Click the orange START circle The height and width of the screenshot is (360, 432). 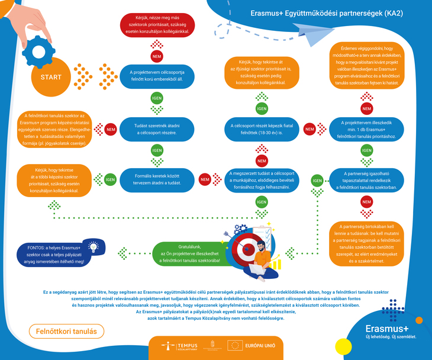[51, 78]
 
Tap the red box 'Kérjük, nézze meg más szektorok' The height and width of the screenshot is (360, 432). [157, 24]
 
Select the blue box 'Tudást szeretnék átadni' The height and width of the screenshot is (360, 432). [157, 128]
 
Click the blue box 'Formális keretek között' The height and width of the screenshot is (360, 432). [157, 179]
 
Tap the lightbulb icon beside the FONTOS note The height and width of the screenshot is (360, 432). [94, 247]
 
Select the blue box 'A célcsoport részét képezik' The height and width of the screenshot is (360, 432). [261, 128]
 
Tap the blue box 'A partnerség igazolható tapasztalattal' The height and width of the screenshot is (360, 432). [367, 179]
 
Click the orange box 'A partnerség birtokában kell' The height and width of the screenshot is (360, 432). [367, 243]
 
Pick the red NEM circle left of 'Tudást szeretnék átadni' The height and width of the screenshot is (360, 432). [110, 128]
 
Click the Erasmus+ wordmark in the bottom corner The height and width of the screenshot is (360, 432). [386, 329]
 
